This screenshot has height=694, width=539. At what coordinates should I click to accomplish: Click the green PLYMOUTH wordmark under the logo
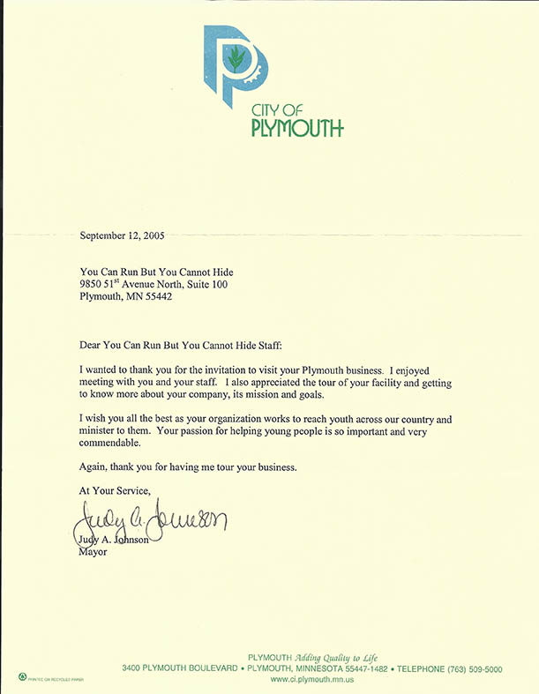(296, 129)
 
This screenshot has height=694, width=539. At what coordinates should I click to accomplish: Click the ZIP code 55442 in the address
(153, 296)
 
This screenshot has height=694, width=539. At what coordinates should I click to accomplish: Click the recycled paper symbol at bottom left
(21, 675)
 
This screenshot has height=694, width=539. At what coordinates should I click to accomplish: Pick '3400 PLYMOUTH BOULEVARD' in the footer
(179, 669)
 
